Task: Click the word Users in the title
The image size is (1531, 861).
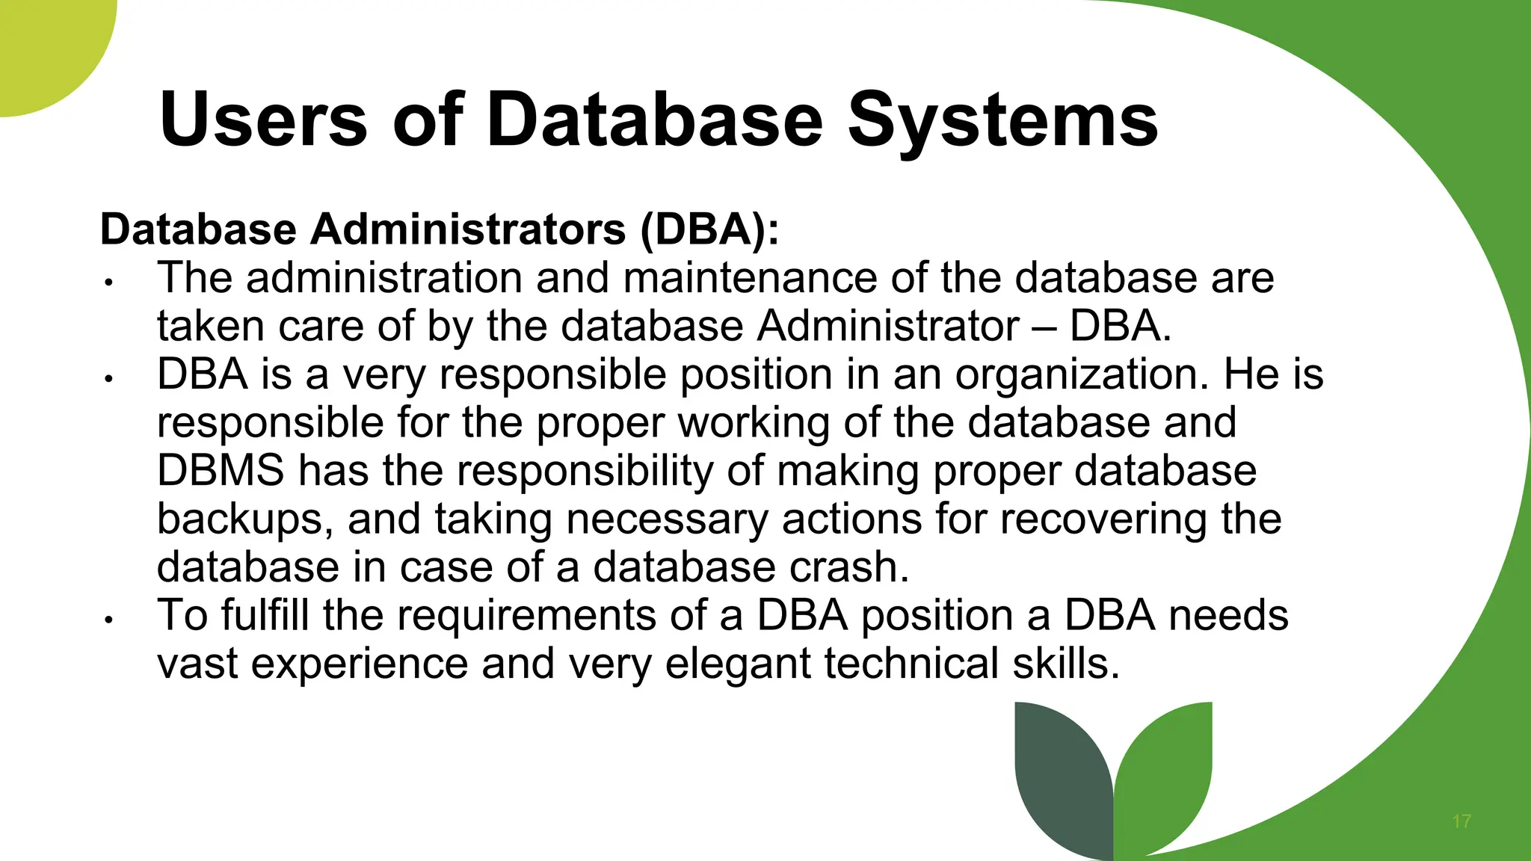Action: click(263, 120)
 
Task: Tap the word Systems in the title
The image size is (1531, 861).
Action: click(1002, 120)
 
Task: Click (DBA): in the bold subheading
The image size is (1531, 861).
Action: click(709, 229)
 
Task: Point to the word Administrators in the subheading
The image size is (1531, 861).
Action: click(468, 229)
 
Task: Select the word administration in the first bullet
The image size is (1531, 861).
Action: click(384, 278)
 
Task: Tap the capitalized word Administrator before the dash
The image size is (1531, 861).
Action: click(888, 327)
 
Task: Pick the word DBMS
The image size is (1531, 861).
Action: click(221, 471)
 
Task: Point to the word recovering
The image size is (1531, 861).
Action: click(1103, 519)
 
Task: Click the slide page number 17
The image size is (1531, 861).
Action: click(1461, 822)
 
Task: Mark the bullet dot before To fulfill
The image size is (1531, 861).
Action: click(108, 620)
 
